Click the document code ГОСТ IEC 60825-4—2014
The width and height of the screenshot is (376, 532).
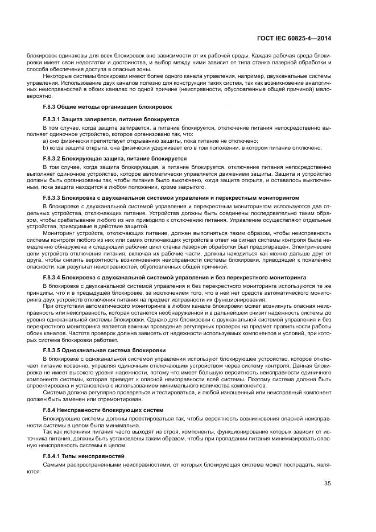[303, 39]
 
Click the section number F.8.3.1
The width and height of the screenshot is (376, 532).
[55, 119]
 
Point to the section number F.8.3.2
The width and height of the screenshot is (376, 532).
[55, 158]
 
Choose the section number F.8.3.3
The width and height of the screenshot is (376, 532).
[55, 197]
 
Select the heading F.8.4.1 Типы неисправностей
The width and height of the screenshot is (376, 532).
[84, 456]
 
